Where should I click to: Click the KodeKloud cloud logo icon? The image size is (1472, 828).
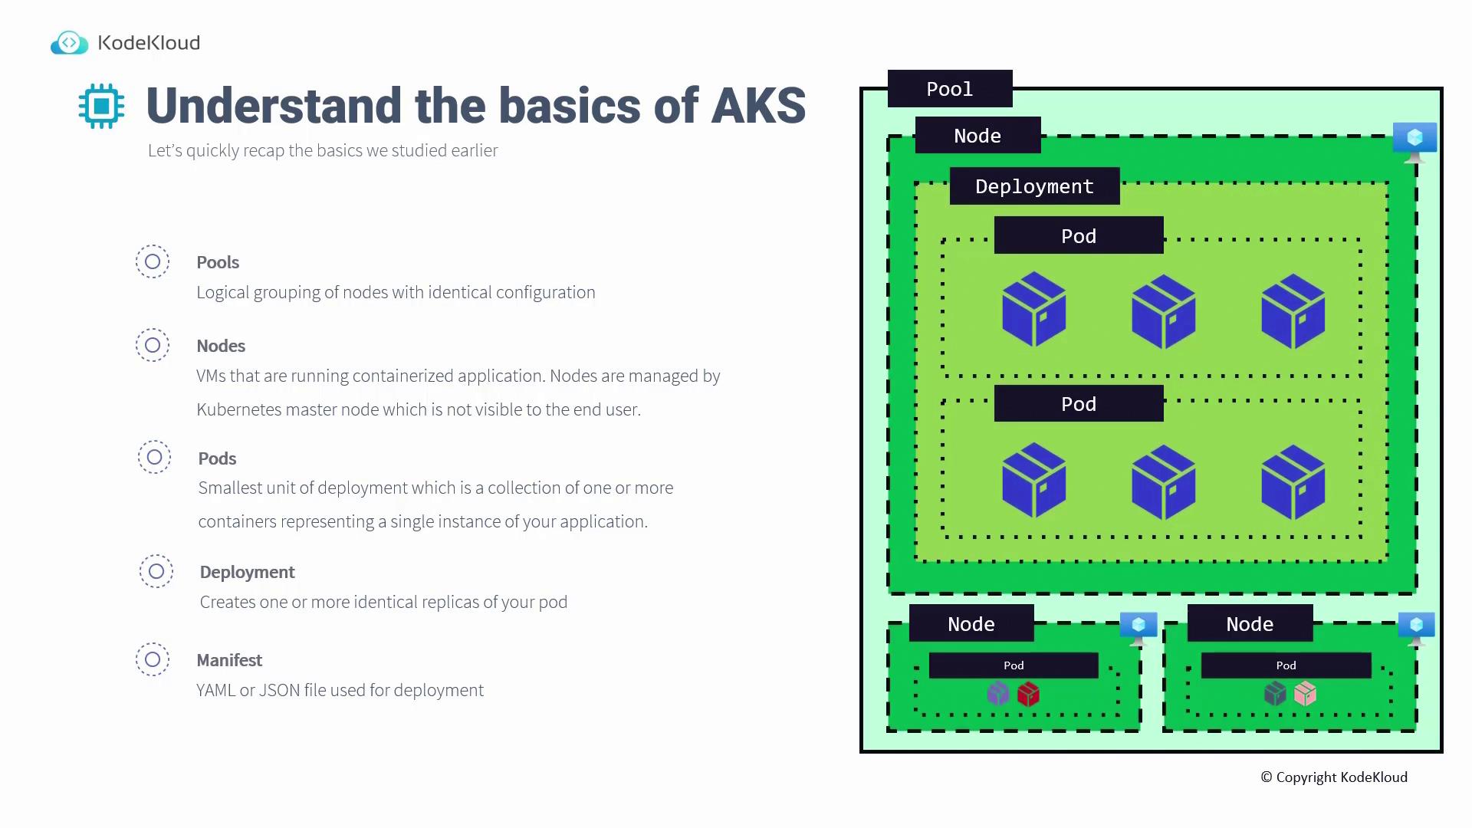pos(69,43)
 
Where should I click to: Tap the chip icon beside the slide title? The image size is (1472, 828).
pos(101,106)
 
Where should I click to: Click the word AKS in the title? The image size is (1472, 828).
pos(758,106)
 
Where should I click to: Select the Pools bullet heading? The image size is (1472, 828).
pos(218,262)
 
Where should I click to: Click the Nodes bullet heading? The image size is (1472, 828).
pos(221,346)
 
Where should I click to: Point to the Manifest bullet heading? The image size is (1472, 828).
pos(229,660)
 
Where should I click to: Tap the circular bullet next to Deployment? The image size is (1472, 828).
pos(156,571)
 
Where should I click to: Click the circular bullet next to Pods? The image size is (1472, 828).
pos(154,457)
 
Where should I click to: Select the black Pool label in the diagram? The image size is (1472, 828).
pos(950,89)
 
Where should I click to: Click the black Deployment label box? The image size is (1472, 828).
pos(1034,186)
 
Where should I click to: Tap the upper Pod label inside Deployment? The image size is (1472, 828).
pos(1079,235)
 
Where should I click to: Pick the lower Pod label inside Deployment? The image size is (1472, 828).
pos(1079,403)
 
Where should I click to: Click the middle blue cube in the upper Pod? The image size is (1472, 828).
pos(1163,311)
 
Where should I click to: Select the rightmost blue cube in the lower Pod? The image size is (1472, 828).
pos(1293,481)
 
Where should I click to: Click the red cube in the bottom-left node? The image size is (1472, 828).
pos(1028,695)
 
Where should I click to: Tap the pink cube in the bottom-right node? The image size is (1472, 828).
pos(1305,695)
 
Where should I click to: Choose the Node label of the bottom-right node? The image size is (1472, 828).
pos(1250,623)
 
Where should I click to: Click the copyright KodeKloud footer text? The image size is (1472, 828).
pos(1334,777)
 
